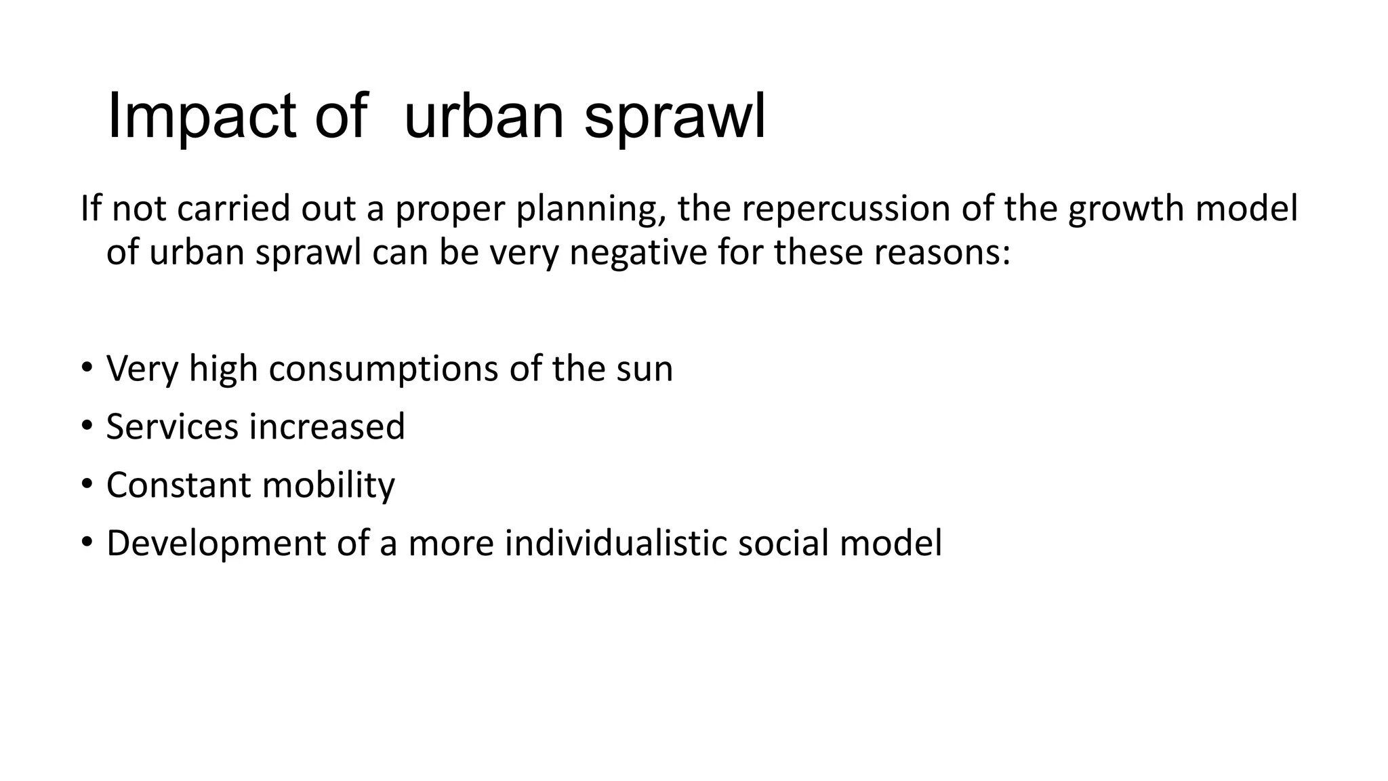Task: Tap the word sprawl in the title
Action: click(674, 117)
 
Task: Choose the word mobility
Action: click(328, 485)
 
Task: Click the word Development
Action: click(216, 544)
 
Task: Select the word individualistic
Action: click(615, 544)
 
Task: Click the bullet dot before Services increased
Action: click(86, 426)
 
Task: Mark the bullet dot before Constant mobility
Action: click(86, 485)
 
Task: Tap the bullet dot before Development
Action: click(86, 543)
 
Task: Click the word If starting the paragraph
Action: click(90, 208)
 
